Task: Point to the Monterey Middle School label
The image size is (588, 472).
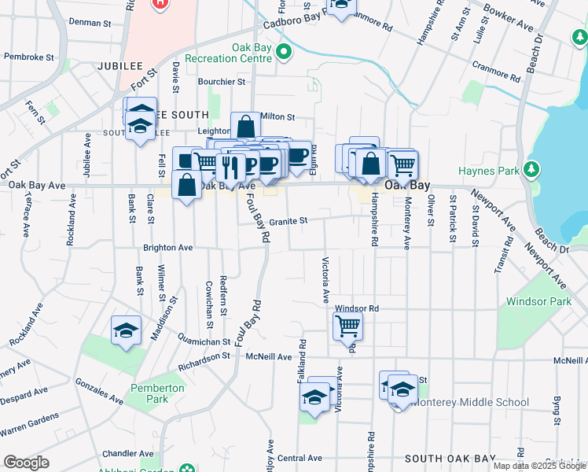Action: pyautogui.click(x=470, y=402)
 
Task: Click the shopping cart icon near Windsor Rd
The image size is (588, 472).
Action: pyautogui.click(x=347, y=325)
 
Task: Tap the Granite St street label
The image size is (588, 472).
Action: pyautogui.click(x=287, y=222)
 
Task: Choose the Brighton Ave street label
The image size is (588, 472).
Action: pyautogui.click(x=167, y=247)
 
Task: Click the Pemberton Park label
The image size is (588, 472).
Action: pyautogui.click(x=157, y=393)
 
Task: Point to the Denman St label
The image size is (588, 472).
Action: pyautogui.click(x=90, y=23)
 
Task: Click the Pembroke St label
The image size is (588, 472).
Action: pyautogui.click(x=28, y=57)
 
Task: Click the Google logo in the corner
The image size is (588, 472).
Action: pyautogui.click(x=26, y=463)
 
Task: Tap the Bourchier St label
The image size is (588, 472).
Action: pyautogui.click(x=221, y=82)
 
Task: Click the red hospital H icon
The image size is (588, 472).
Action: pyautogui.click(x=161, y=2)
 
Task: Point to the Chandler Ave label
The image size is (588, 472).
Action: pyautogui.click(x=127, y=454)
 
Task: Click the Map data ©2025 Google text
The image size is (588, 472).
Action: pyautogui.click(x=539, y=466)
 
